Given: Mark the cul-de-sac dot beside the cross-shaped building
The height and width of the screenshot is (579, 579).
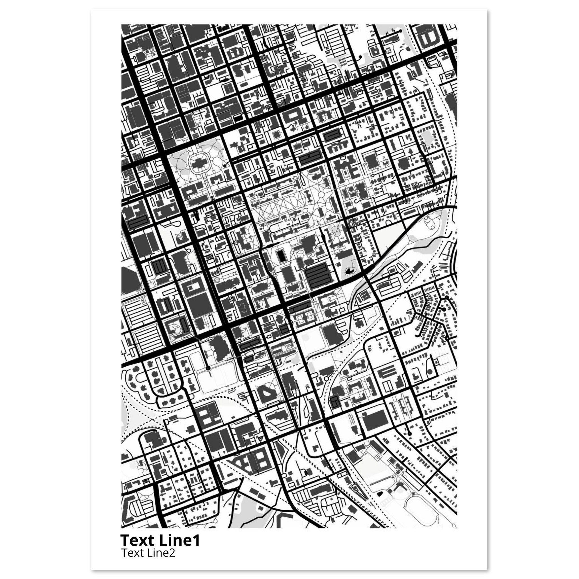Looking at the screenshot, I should pyautogui.click(x=224, y=165).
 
